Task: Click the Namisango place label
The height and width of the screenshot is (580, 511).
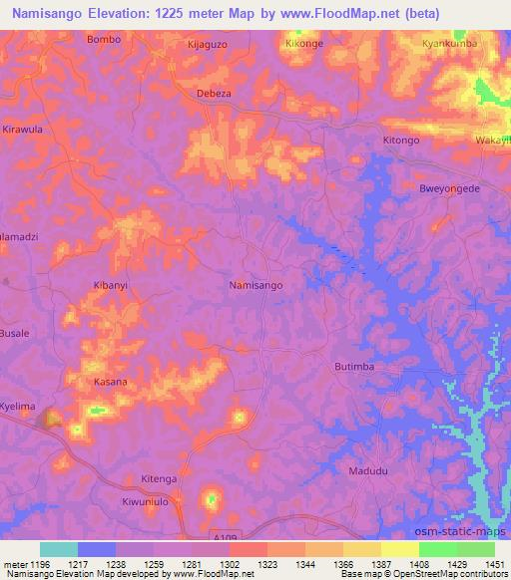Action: tap(255, 285)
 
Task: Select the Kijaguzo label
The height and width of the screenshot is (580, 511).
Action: tap(210, 45)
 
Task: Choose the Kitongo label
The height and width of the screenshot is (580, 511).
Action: tap(401, 141)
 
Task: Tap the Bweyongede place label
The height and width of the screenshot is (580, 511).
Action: tap(450, 188)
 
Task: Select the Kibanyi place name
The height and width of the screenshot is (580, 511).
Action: tap(112, 285)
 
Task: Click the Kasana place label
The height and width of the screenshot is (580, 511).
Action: tap(110, 382)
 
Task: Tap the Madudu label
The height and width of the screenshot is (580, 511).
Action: tap(366, 470)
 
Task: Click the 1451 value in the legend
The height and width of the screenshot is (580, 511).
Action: tap(495, 564)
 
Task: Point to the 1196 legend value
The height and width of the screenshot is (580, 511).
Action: tap(36, 564)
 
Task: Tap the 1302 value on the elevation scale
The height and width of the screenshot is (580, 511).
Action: tap(230, 564)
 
